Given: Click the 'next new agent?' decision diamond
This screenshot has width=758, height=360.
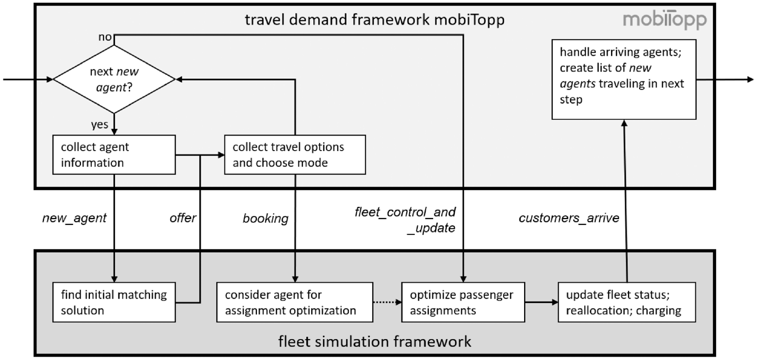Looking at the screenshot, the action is tap(114, 79).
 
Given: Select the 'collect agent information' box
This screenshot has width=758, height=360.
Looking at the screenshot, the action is tap(114, 155).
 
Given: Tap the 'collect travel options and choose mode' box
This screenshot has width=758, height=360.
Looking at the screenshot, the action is tap(295, 155).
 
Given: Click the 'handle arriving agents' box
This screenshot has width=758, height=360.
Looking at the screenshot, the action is tap(624, 79).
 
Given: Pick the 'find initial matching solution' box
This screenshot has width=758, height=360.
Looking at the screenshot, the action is tap(114, 302).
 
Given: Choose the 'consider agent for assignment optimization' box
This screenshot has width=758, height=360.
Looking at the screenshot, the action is tap(295, 302).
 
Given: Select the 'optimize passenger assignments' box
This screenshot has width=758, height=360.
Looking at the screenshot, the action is tap(463, 302).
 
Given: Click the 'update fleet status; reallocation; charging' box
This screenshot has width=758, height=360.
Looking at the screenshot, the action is tap(627, 302).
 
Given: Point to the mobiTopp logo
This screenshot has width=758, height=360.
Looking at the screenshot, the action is tap(665, 20).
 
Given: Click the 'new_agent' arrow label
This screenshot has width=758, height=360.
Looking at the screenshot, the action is tap(74, 218).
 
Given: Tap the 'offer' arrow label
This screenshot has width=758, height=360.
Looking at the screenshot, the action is tap(183, 218).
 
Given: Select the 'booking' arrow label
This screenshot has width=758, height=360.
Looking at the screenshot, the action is tap(266, 218).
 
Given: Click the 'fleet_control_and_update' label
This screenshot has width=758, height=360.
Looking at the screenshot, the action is tap(405, 220).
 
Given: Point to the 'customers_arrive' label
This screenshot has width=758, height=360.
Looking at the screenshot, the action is tap(569, 218).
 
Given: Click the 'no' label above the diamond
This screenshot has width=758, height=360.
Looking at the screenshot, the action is tap(105, 36).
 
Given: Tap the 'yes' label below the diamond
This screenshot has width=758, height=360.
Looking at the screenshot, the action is tap(99, 124).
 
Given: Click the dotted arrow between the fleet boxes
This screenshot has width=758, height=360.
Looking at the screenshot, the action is tap(387, 302).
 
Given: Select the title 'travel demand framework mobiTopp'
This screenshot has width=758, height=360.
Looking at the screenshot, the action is tap(375, 19).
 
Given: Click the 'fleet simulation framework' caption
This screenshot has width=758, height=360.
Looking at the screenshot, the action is tap(375, 341).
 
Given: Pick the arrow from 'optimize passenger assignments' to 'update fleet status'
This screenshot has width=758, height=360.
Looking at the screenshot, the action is tap(542, 302).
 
